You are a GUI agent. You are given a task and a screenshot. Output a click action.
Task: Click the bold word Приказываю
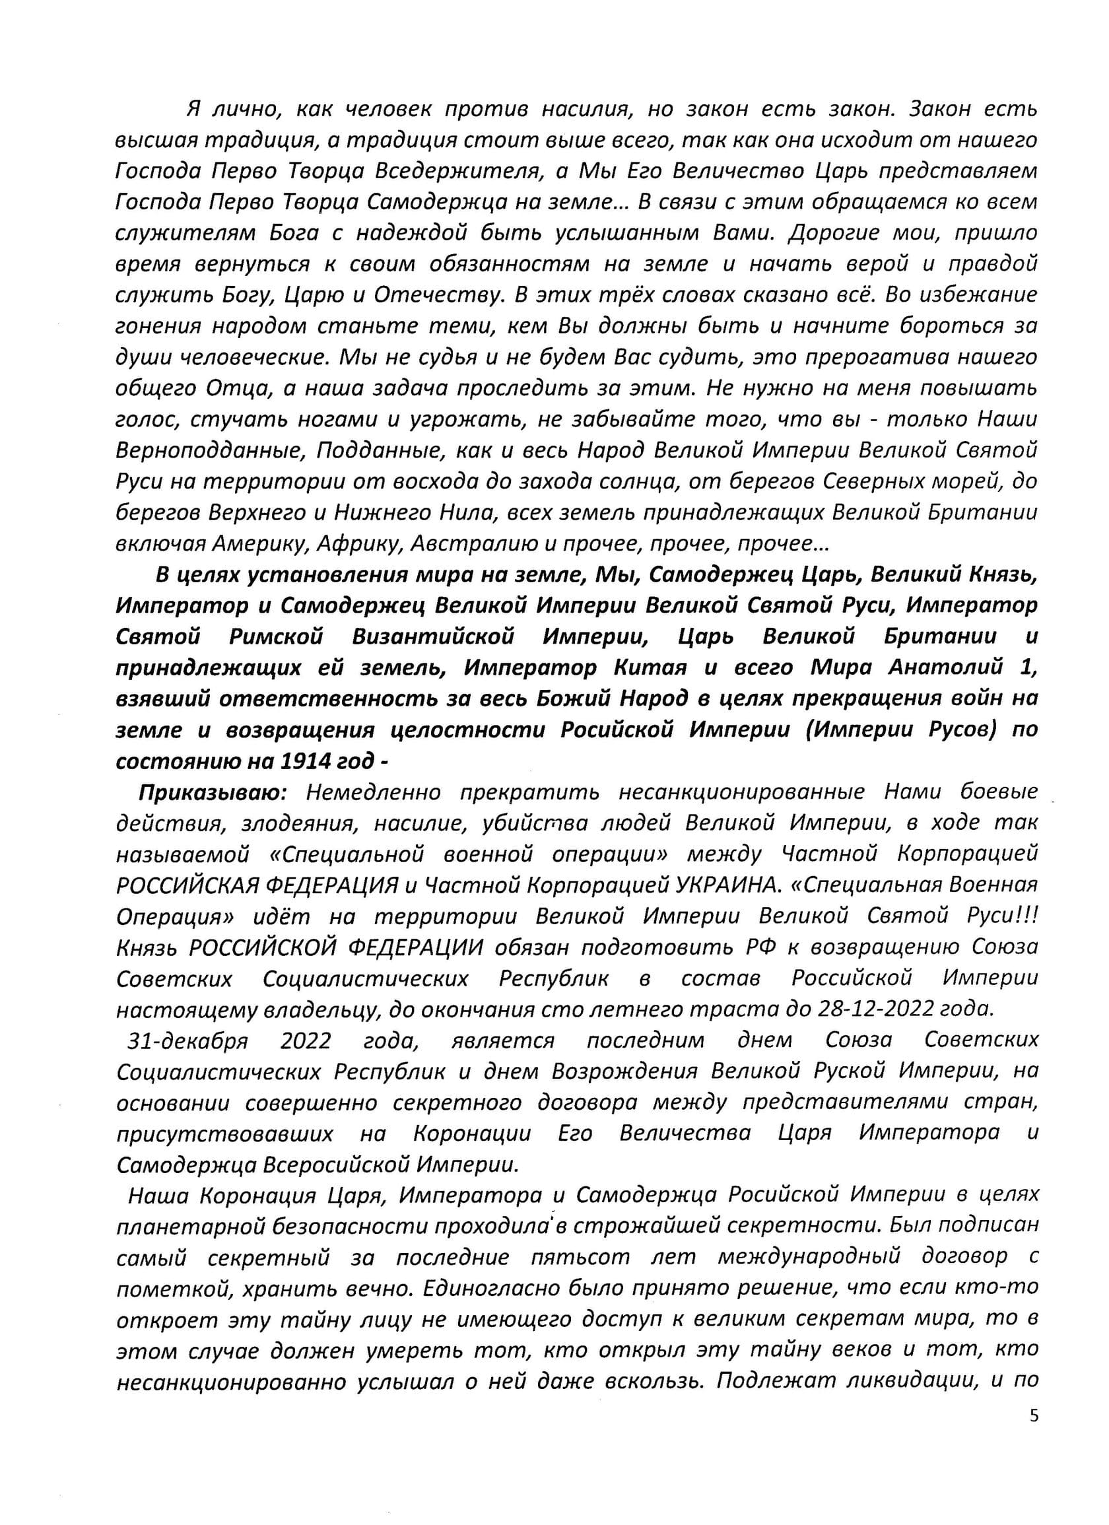(x=213, y=793)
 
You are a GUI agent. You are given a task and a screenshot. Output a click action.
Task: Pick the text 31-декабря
(x=187, y=1041)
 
